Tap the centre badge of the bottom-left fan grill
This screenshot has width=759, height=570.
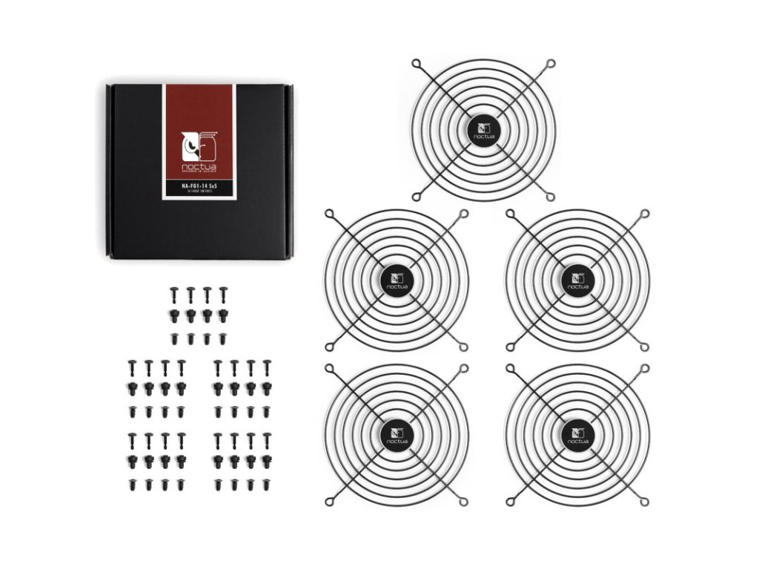394,433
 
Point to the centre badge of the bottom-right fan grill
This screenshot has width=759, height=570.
576,433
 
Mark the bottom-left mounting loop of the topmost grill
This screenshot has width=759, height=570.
417,196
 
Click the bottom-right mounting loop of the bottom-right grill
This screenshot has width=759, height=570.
645,502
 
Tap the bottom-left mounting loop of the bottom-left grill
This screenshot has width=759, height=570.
329,502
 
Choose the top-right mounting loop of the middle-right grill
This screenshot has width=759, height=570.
645,214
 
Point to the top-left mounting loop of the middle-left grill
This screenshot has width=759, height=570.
329,214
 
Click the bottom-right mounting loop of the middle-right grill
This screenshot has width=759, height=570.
645,346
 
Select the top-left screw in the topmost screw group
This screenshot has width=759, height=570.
174,292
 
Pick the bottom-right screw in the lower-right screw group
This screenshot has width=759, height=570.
267,485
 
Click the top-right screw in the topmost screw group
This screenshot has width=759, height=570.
223,292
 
